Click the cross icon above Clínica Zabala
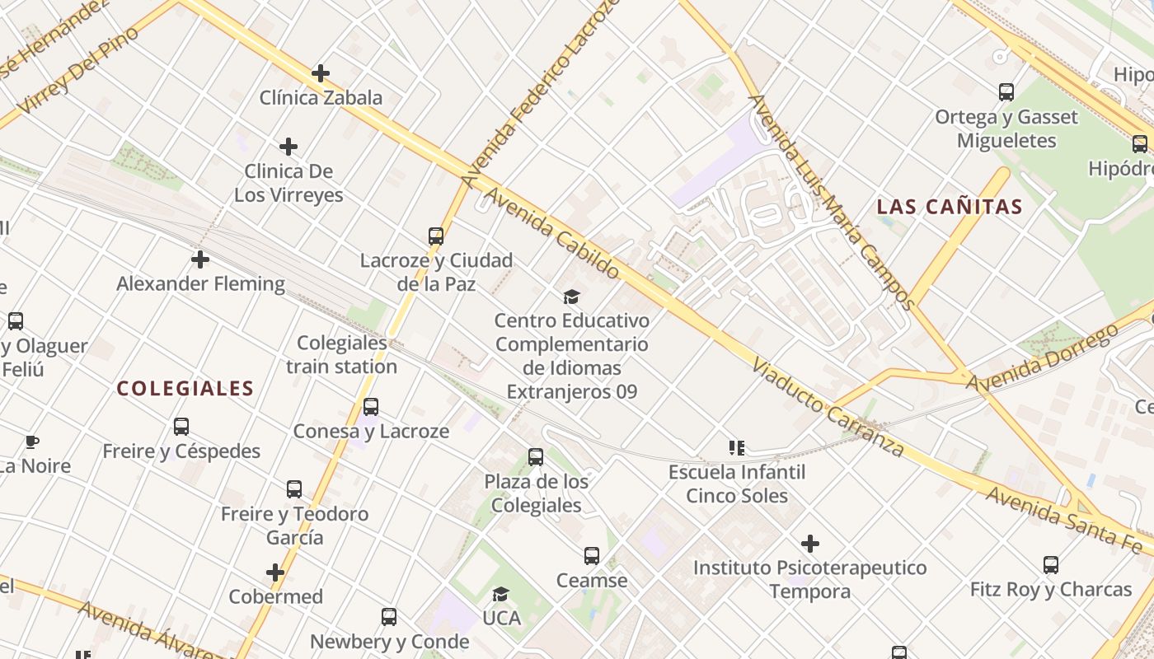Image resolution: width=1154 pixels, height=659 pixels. pos(321,74)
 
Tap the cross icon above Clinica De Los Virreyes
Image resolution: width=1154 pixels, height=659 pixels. pos(288,147)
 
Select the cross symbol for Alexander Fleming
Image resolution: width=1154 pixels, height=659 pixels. pos(199,260)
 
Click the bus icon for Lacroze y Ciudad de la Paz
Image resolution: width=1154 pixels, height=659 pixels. pos(436,236)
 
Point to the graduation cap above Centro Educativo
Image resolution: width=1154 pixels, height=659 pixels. pos(571,297)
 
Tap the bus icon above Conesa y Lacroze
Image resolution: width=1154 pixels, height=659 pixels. pos(371,407)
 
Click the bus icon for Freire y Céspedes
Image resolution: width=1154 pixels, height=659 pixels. pos(181,427)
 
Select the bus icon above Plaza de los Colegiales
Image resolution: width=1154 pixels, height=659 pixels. pos(536,457)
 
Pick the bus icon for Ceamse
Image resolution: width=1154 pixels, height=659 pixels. pos(592,556)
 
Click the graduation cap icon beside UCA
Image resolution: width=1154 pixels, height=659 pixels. pos(500,595)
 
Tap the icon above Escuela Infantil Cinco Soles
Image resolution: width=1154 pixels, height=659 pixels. pos(736,448)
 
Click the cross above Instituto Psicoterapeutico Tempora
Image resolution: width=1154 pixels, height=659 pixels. pos(810,544)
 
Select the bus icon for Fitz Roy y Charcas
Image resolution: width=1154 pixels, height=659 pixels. pos(1050,565)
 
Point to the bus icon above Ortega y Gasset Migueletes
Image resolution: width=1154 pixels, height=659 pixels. pos(1006,92)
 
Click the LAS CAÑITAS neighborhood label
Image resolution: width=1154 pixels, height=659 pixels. pos(950,207)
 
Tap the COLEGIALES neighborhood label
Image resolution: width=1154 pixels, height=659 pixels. pos(185,389)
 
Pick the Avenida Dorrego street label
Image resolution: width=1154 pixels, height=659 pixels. pos(1043,358)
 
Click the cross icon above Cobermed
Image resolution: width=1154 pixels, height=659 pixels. pos(275,573)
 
